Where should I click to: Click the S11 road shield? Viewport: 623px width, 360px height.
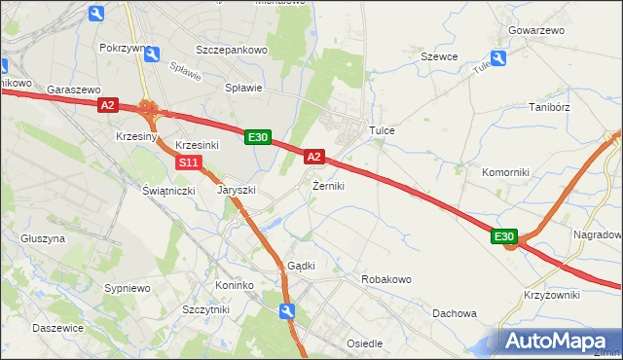[191, 162]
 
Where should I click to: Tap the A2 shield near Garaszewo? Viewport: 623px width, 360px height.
[108, 105]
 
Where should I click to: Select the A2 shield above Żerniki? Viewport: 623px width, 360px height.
[313, 156]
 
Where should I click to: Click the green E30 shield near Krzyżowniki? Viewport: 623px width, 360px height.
[503, 237]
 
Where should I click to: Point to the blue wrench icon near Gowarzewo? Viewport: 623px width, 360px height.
[499, 58]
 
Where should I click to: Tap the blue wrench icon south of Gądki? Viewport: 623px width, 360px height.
[286, 310]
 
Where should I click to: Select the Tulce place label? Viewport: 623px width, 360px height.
[380, 129]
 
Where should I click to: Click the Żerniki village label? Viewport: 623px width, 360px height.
[328, 185]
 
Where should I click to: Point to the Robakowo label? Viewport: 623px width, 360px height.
[386, 279]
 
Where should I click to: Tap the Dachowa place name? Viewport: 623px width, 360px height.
[455, 313]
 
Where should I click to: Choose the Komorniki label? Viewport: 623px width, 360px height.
[505, 172]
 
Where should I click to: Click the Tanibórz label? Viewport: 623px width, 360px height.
[547, 107]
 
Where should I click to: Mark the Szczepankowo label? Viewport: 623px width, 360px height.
[231, 49]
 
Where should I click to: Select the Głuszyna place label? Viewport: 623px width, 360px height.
[43, 237]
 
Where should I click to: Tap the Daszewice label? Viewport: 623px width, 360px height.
[57, 328]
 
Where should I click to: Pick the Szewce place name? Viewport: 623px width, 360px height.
[439, 56]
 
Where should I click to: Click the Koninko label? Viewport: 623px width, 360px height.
[235, 285]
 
